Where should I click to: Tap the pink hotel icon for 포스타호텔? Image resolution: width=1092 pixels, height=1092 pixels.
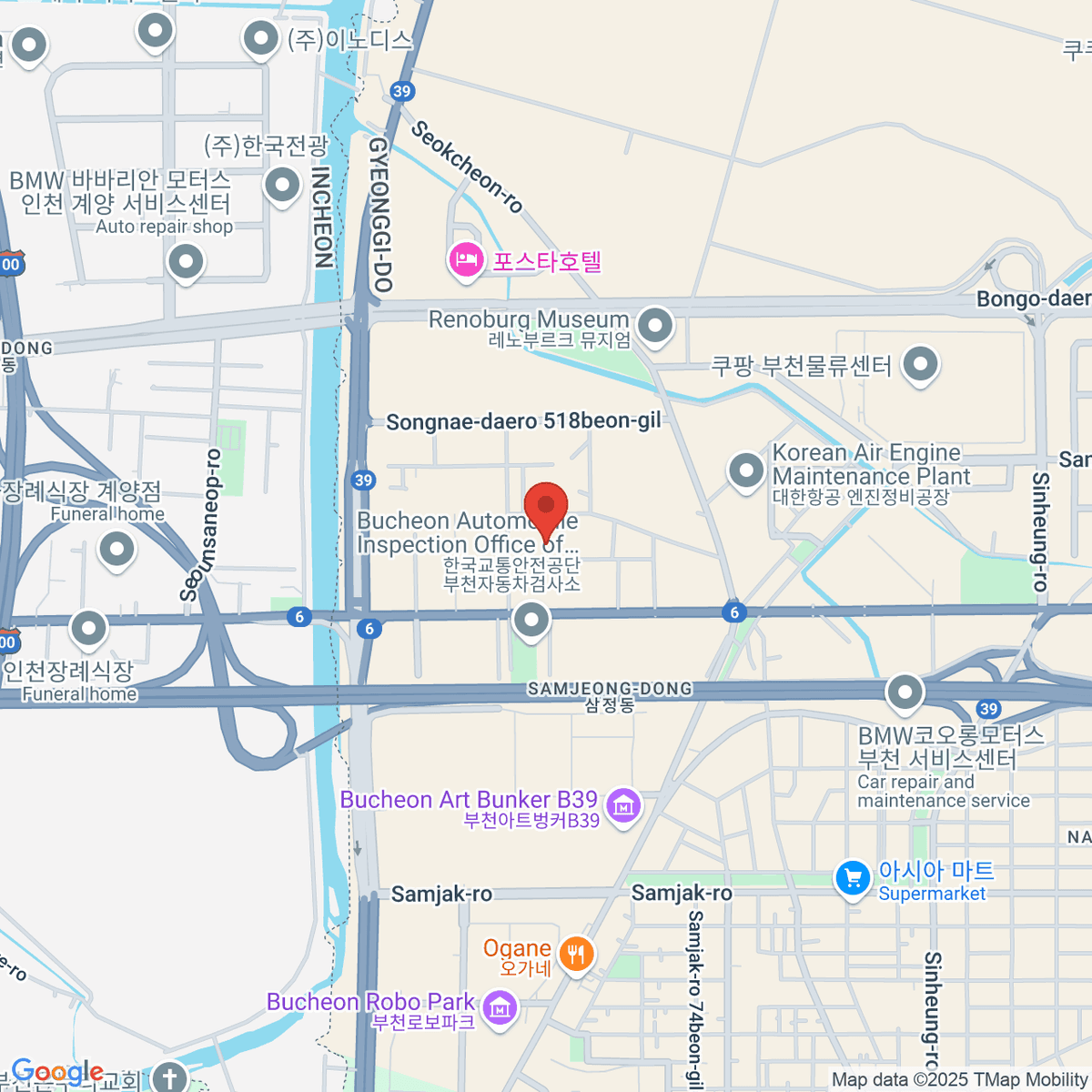466,261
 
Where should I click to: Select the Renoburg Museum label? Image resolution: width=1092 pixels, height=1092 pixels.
529,319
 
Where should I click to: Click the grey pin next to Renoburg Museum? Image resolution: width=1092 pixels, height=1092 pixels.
655,325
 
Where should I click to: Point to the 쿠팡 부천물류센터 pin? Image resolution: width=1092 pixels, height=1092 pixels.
921,364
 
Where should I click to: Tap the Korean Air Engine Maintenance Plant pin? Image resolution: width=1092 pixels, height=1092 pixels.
746,470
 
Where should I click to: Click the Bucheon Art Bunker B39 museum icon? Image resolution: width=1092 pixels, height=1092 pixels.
623,805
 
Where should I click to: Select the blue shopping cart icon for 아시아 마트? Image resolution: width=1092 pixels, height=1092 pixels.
853,879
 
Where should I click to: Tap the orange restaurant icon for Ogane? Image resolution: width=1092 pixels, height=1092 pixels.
575,955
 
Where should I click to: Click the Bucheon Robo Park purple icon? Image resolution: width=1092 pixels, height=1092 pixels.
500,1008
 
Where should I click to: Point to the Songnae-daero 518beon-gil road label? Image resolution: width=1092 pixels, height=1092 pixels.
523,422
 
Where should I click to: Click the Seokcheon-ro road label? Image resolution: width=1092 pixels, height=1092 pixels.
467,167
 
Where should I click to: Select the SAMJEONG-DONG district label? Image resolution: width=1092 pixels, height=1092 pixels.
610,689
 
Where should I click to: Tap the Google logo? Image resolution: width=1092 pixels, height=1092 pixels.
56,1072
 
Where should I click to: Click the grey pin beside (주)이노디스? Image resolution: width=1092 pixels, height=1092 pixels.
261,39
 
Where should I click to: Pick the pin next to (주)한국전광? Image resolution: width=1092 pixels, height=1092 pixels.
282,186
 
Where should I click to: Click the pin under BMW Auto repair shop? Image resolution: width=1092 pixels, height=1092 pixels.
186,263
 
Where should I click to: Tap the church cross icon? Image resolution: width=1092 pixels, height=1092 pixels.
169,1077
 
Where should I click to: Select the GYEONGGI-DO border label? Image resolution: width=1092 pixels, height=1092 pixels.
379,215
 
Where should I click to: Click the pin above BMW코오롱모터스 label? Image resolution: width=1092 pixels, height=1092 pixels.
905,693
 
